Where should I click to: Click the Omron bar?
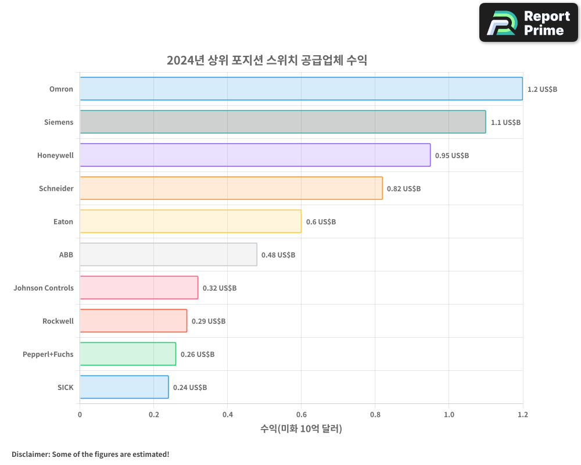coord(301,89)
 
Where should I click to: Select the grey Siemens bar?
coord(282,122)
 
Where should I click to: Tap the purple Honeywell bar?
coord(255,155)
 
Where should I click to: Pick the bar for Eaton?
coord(191,221)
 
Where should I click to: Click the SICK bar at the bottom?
coord(124,387)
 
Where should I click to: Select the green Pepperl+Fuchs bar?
coord(128,354)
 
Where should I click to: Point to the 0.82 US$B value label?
coord(404,189)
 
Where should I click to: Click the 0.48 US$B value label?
coord(278,255)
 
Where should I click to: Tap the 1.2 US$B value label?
coord(542,90)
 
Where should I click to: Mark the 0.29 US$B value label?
coord(209,321)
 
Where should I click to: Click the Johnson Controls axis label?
coord(44,288)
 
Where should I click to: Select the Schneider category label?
coord(56,188)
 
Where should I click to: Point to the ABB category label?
coord(66,255)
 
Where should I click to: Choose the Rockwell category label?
coord(58,321)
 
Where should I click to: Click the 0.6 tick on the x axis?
coord(301,415)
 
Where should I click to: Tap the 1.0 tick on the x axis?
coord(449,415)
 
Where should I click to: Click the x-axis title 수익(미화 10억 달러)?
coord(301,429)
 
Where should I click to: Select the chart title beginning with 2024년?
coord(267,60)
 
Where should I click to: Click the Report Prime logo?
coord(529,23)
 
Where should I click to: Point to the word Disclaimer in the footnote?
coord(30,454)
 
